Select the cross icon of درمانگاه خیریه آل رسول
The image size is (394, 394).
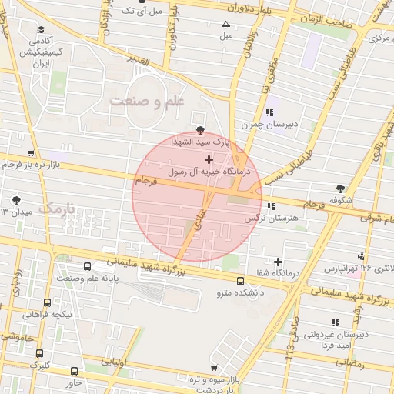pos(209,159)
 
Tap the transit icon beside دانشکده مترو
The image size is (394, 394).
pos(240,281)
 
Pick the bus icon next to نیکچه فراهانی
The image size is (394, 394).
pos(48,303)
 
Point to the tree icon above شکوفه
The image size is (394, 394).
pos(340,188)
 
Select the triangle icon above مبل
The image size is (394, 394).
pos(225,24)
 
